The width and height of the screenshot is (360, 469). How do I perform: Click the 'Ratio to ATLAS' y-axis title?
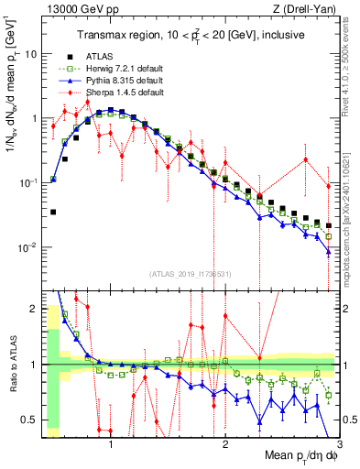pos(12,366)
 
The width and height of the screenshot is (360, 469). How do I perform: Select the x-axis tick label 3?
pos(338,444)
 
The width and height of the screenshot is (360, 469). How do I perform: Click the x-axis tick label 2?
pos(225,444)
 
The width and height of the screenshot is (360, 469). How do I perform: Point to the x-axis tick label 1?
pos(112,444)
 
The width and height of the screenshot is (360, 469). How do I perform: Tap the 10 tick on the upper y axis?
pos(30,54)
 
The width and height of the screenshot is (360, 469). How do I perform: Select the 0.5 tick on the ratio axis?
pos(28,420)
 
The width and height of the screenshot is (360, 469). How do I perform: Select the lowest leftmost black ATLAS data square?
pos(53,212)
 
